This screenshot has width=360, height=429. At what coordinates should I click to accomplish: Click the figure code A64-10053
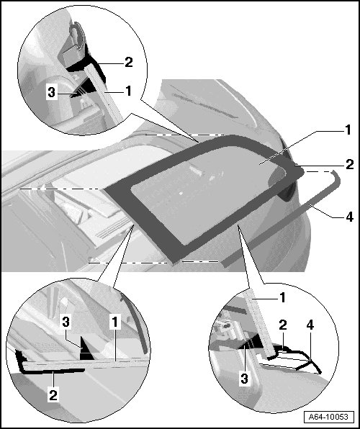[x=328, y=417]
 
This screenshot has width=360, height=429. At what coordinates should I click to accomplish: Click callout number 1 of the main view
[x=348, y=130]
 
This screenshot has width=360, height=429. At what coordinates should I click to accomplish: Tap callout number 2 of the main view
[x=350, y=164]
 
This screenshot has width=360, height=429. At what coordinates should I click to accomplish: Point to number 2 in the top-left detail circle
[x=128, y=62]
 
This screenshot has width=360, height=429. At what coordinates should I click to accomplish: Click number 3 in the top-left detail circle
[x=51, y=92]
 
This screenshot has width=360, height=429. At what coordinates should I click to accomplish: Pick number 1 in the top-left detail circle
[x=128, y=91]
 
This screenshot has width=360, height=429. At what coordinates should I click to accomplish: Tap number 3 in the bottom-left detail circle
[x=66, y=322]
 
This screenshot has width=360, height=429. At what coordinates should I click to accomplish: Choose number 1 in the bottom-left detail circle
[x=115, y=322]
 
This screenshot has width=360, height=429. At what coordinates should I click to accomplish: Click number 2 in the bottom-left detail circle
[x=53, y=395]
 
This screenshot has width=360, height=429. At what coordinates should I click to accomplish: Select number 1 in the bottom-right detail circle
[x=282, y=297]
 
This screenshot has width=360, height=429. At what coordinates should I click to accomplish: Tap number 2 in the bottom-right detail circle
[x=283, y=325]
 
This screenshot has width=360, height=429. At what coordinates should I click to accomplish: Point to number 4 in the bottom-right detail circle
[x=310, y=325]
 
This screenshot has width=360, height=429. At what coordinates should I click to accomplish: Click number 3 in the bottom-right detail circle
[x=245, y=379]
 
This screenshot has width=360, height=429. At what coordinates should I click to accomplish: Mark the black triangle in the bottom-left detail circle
[x=86, y=348]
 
